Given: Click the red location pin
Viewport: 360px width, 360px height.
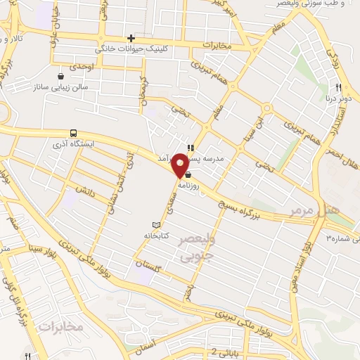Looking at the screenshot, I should point(181,165).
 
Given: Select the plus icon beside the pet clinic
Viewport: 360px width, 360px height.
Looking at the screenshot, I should point(131,38).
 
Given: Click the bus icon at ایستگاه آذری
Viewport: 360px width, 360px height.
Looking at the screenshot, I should point(73,133).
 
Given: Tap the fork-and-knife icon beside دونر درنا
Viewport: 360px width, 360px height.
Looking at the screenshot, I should point(338,87).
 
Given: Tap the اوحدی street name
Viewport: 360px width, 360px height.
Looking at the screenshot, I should point(82,65).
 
